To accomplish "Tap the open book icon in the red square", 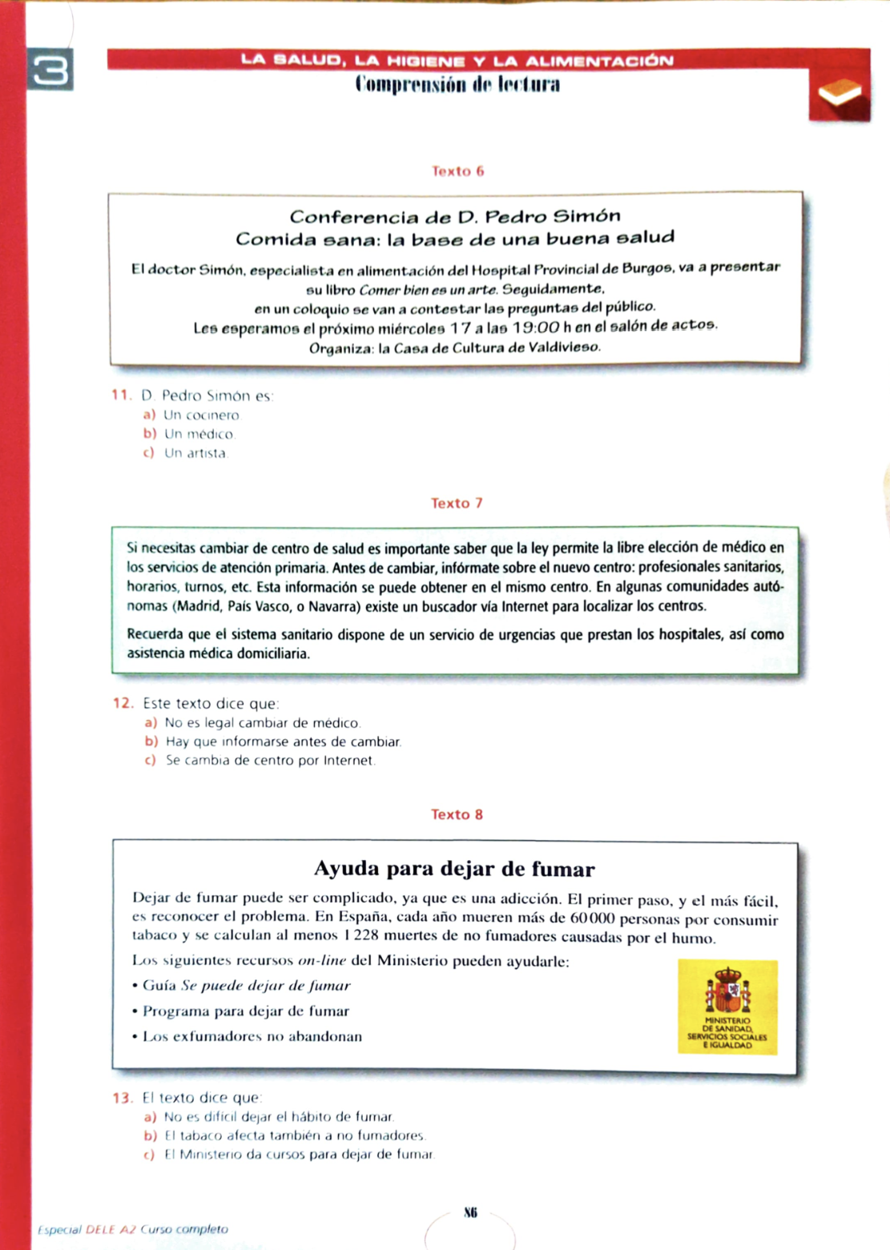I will point(839,94).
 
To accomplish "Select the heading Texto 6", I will point(457,171).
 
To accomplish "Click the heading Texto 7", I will point(457,504).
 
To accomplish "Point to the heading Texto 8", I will point(457,814).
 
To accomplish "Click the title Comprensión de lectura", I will point(457,85).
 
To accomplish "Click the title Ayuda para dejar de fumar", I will point(454,869).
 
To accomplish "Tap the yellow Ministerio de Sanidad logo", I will point(727,1006).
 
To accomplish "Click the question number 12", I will point(123,703).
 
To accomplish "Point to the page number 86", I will point(470,1212).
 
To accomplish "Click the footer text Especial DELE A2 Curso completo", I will point(133,1229).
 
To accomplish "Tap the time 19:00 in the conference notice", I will point(536,328).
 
